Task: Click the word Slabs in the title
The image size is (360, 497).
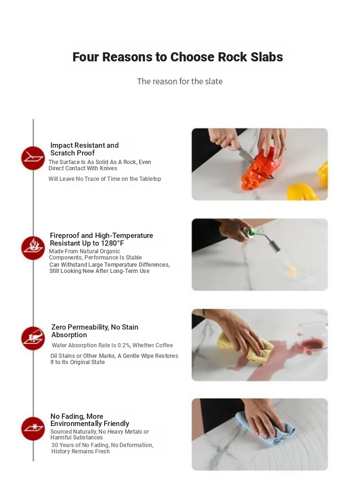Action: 266,57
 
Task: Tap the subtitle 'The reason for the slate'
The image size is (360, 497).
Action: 180,82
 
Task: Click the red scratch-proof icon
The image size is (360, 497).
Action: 33,158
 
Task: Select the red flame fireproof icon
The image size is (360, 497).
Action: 33,248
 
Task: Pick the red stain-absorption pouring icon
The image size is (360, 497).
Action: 33,338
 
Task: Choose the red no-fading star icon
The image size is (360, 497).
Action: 33,428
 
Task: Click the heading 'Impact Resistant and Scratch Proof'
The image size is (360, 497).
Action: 84,149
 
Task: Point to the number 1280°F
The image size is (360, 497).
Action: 112,243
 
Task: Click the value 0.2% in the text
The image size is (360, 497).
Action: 124,345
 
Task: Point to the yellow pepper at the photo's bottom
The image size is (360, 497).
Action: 302,192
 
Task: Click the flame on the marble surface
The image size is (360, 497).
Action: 293,270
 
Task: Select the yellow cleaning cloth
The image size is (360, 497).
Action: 246,348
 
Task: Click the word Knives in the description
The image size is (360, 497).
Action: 108,168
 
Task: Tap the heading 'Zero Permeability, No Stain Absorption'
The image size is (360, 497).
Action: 95,331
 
